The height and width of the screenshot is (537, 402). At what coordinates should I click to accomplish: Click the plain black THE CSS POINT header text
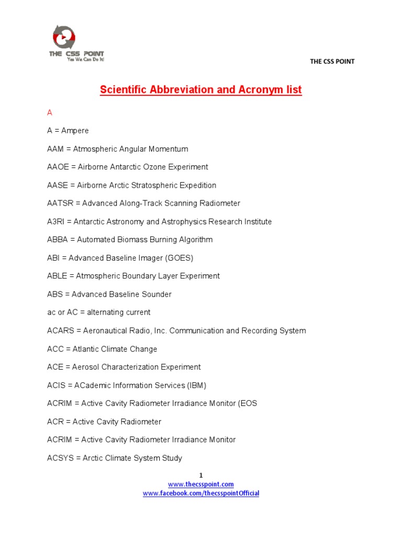tap(332, 61)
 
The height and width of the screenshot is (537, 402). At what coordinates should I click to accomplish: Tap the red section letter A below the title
tap(50, 113)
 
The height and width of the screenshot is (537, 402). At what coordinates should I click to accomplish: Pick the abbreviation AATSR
tap(59, 203)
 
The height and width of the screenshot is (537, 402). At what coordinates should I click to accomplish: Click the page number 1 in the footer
tap(200, 475)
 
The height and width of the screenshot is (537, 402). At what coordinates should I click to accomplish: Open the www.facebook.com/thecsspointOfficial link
tap(201, 493)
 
